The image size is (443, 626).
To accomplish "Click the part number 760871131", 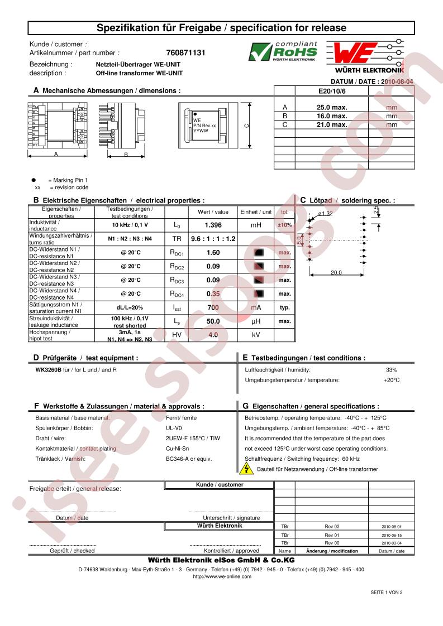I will (186, 52).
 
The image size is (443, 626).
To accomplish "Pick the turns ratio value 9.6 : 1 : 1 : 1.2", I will (213, 238).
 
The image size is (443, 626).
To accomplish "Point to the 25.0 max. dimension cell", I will (331, 108).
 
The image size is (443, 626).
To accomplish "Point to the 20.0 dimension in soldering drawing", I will (336, 273).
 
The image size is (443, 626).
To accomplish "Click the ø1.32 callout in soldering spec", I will (325, 213).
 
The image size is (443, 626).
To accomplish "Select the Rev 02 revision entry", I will (332, 526).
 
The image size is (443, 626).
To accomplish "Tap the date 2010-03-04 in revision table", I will (391, 542).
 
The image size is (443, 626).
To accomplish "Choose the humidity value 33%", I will (391, 370).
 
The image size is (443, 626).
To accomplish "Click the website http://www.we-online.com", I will (221, 576).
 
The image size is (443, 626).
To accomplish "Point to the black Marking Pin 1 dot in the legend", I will (33, 180).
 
